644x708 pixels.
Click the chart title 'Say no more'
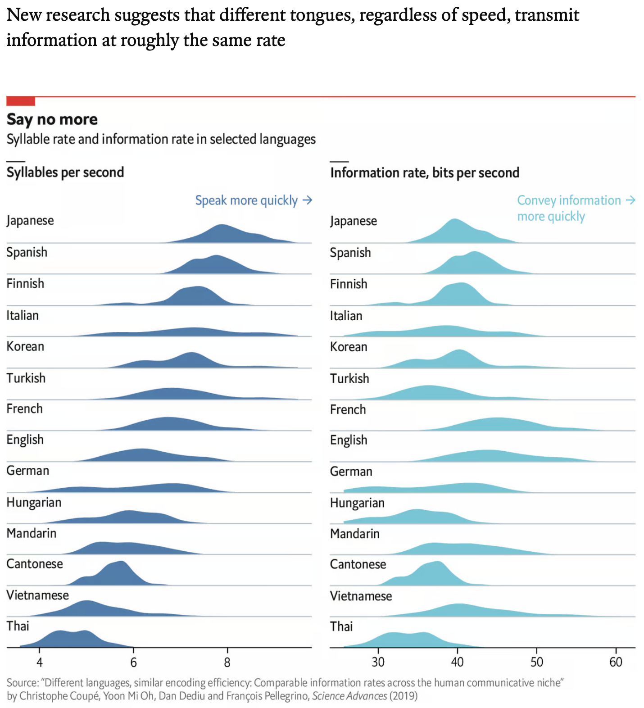point(52,119)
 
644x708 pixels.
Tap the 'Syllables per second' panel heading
point(65,172)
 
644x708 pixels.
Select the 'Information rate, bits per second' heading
point(424,173)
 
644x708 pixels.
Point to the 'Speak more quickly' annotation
point(253,200)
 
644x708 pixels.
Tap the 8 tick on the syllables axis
point(227,662)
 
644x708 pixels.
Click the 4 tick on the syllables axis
point(40,662)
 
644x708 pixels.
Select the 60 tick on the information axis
point(615,662)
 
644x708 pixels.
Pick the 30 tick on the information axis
point(378,662)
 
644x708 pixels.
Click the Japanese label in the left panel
point(30,221)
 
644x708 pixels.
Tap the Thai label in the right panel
point(341,626)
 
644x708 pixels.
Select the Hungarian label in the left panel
point(34,503)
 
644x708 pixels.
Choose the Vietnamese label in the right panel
point(361,596)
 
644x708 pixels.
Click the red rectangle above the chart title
point(20,101)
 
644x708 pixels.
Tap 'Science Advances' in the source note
point(349,696)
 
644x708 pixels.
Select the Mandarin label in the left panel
point(31,533)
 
